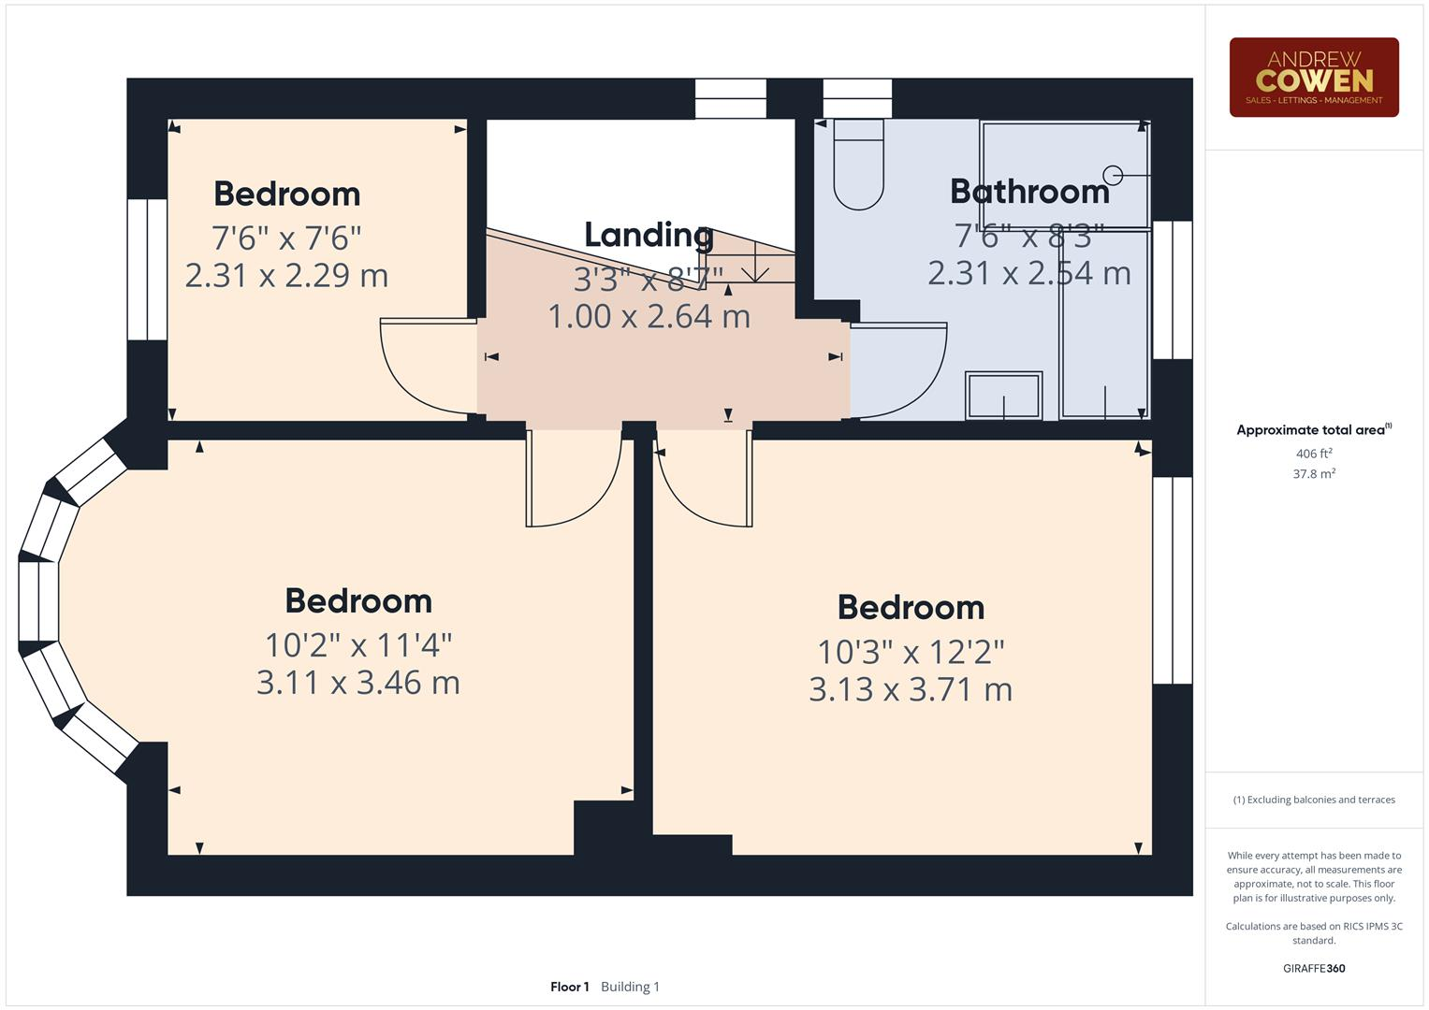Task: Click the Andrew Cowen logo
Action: point(1313,78)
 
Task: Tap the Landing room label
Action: point(648,235)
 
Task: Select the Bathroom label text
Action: point(1028,192)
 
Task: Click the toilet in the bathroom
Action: point(858,166)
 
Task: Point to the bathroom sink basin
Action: point(1003,396)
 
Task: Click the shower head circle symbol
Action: point(1113,175)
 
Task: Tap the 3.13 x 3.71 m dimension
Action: point(910,690)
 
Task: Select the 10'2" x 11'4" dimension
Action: point(357,645)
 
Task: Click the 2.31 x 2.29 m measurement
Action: point(286,276)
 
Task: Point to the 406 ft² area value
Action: point(1313,454)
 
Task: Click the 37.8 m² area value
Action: point(1313,474)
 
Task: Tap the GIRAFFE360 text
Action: point(1313,969)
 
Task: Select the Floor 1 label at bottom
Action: point(569,987)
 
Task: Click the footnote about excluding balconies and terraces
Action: point(1313,800)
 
